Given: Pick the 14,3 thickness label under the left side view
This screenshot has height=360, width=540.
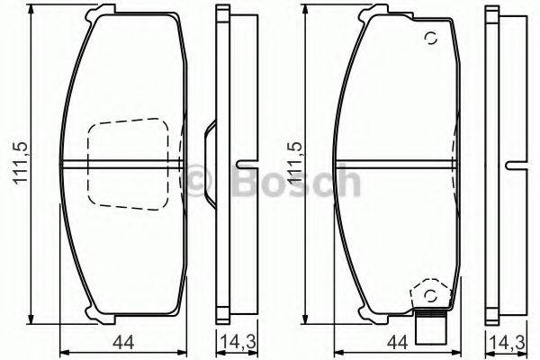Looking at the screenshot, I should [x=232, y=341].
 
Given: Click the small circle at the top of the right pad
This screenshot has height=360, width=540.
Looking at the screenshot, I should [x=430, y=39].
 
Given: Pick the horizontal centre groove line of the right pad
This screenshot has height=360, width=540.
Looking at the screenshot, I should [x=396, y=163].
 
